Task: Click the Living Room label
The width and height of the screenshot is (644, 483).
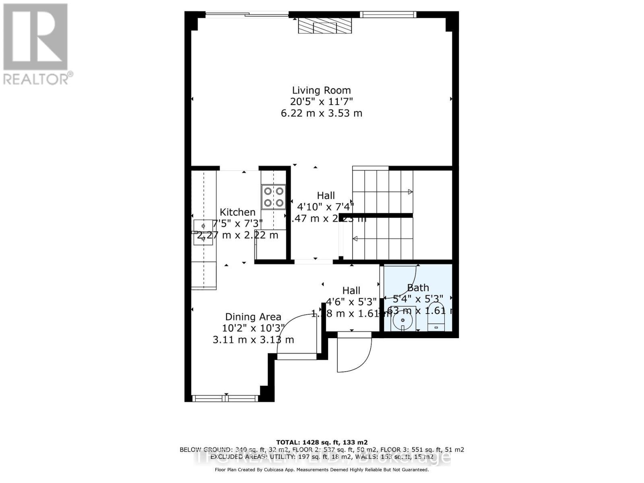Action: coord(321,90)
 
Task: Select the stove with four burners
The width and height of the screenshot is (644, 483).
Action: coord(274,197)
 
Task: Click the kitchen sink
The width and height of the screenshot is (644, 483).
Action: coord(203,232)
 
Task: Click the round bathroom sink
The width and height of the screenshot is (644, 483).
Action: coord(402,321)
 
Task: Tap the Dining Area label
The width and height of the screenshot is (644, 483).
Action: coord(253,317)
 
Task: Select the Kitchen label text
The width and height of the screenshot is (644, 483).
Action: coord(237,212)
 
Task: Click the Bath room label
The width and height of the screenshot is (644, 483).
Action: coord(418,288)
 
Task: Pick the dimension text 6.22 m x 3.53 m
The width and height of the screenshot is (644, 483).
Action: coord(321,113)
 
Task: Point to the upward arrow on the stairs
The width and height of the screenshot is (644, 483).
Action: coord(410,192)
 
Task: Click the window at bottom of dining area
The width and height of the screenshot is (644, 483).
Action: coord(225,398)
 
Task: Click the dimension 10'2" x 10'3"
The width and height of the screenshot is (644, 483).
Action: coord(253,328)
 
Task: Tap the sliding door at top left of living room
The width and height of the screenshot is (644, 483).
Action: coord(247,15)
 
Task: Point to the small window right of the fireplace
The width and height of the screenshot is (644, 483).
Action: coord(388,15)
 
